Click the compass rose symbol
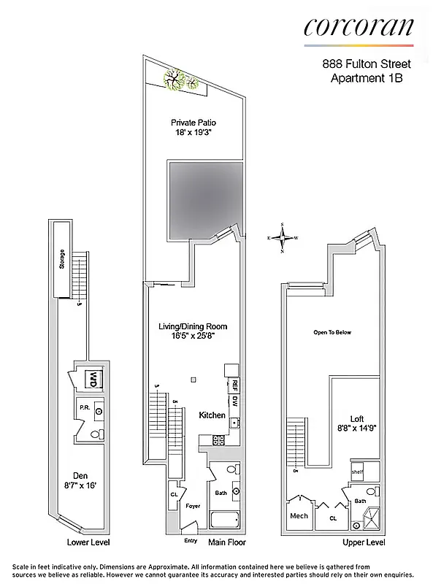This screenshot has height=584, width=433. click(x=282, y=237)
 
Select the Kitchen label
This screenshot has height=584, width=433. click(x=212, y=415)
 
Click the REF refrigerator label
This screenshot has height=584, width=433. click(x=236, y=385)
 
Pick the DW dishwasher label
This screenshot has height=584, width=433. click(x=236, y=401)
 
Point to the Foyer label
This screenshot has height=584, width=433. click(x=193, y=504)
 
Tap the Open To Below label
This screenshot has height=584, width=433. click(x=332, y=332)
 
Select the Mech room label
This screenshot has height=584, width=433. click(x=299, y=515)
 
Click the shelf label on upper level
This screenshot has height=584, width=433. click(x=357, y=472)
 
